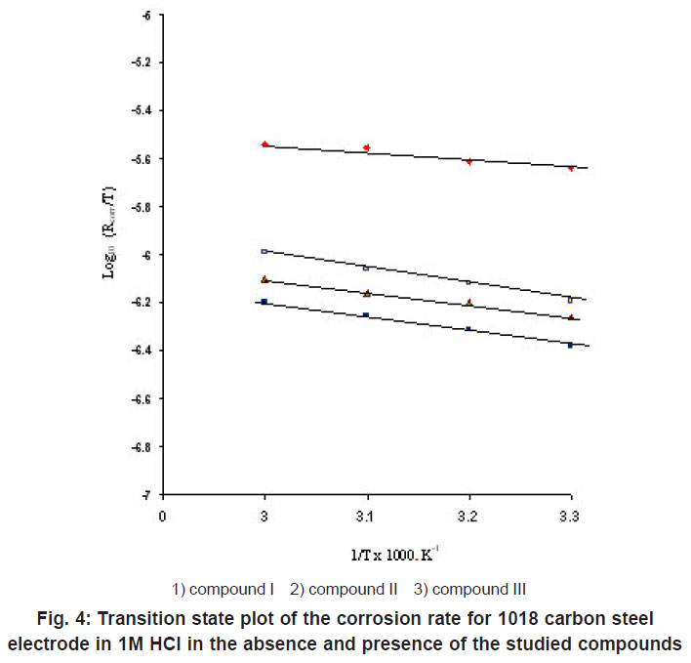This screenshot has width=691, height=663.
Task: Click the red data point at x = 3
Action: coord(264,145)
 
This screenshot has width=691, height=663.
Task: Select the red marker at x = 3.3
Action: coord(571,168)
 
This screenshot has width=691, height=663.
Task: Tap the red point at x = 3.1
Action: coord(366,147)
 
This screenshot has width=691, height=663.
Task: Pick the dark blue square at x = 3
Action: coord(264,302)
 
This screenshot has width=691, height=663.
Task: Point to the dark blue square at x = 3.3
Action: coord(571,345)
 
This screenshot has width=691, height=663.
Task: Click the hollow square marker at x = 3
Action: coord(264,252)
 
